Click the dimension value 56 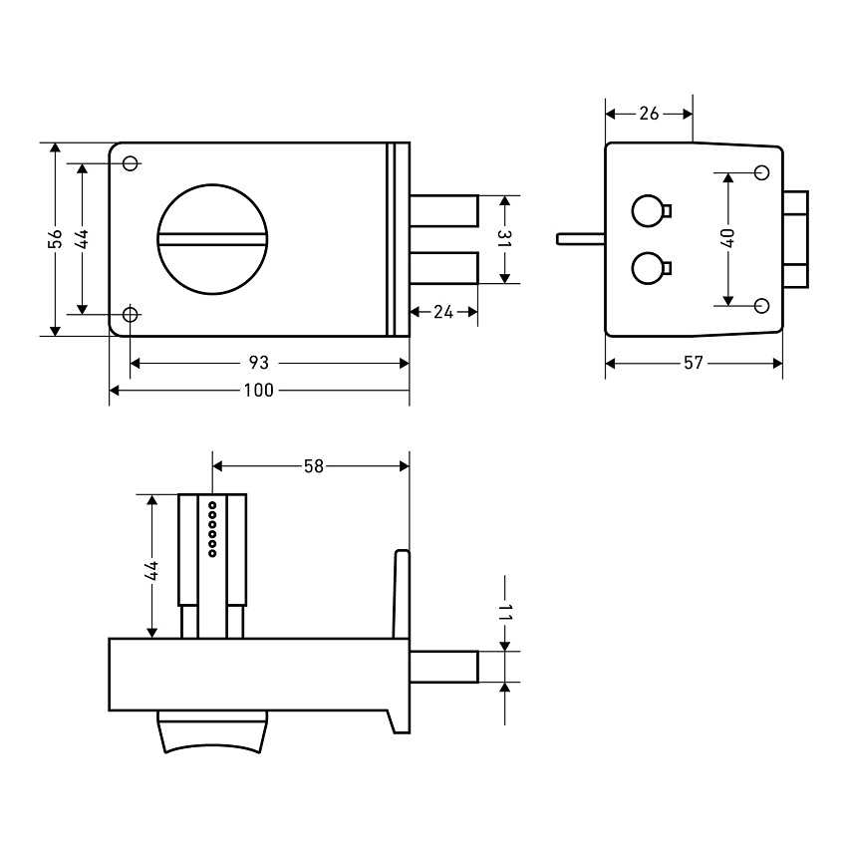coord(56,238)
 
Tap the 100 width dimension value coord(259,391)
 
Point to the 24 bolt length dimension coord(443,312)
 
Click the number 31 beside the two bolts coord(504,239)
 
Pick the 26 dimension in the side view coord(649,114)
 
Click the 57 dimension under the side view coord(694,364)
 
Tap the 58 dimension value coord(311,465)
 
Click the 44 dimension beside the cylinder coord(151,571)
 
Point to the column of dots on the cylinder coord(212,529)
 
